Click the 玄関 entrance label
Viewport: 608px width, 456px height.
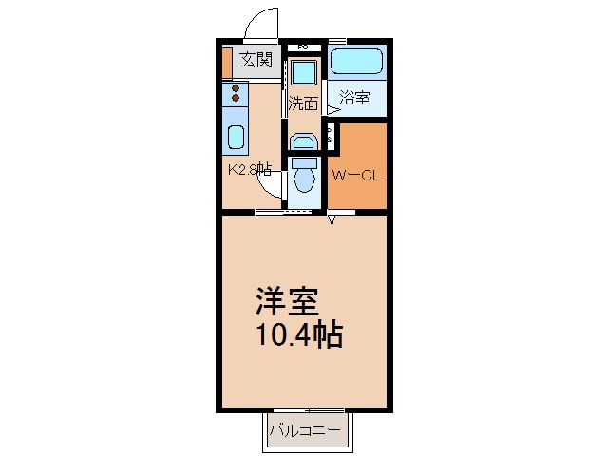[x=256, y=60]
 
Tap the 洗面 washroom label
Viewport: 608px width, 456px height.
[x=303, y=104]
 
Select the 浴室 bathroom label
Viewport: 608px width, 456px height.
[x=354, y=97]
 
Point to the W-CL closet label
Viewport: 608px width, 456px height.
[x=357, y=176]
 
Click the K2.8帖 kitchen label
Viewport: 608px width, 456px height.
[x=249, y=169]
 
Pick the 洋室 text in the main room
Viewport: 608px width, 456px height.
[x=287, y=301]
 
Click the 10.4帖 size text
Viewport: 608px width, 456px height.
[x=299, y=333]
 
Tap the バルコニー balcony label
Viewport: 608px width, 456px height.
[x=305, y=430]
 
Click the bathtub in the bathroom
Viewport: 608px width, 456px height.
[x=357, y=61]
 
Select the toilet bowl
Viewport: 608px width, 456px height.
[x=305, y=180]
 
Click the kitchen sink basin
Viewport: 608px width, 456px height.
[x=236, y=137]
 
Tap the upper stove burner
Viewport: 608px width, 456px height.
[x=236, y=89]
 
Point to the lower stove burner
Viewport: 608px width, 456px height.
[x=236, y=98]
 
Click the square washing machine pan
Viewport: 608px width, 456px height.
[x=304, y=73]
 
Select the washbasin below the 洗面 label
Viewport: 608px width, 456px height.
[x=304, y=142]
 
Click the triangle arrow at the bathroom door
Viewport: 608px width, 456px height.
[x=334, y=110]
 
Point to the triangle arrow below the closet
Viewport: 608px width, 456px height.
[x=332, y=221]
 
